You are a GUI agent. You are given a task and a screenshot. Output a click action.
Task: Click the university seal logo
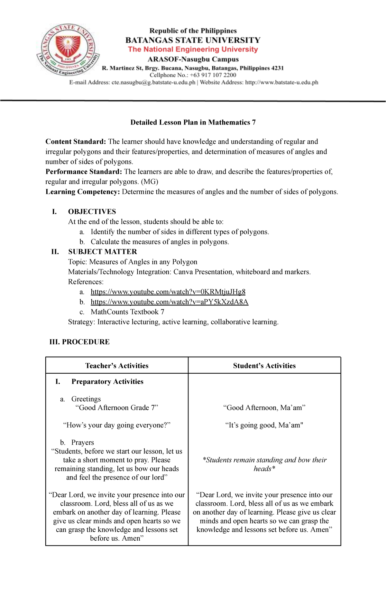click(x=68, y=50)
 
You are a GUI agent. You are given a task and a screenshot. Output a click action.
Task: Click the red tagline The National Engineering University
click(x=193, y=50)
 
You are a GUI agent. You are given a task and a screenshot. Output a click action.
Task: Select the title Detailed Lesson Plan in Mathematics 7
click(x=193, y=122)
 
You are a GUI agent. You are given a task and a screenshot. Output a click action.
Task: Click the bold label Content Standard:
click(x=76, y=142)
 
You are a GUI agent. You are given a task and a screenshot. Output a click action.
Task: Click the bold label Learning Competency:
click(x=83, y=192)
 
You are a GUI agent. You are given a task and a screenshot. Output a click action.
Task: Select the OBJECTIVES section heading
click(x=92, y=212)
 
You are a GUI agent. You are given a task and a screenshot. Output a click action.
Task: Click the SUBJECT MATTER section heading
click(x=102, y=252)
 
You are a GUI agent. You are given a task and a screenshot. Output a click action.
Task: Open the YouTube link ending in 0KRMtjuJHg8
click(x=168, y=292)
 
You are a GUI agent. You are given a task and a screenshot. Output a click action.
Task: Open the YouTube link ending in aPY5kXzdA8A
click(x=170, y=302)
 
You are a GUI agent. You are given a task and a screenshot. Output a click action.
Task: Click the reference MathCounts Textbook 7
click(x=127, y=312)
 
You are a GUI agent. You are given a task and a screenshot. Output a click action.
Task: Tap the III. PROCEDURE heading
click(x=79, y=342)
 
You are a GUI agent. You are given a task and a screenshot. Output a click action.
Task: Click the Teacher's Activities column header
click(x=117, y=366)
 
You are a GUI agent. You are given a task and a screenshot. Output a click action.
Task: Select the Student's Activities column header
click(x=264, y=366)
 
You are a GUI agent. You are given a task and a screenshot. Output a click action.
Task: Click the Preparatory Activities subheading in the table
click(x=107, y=382)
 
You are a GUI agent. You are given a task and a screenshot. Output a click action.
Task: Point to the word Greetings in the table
click(x=86, y=399)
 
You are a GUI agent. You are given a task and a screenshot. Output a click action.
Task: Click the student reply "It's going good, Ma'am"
click(x=264, y=425)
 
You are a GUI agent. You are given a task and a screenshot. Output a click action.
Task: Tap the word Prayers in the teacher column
click(x=83, y=443)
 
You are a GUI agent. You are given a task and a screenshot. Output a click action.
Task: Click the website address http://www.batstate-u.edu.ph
click(x=281, y=82)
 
